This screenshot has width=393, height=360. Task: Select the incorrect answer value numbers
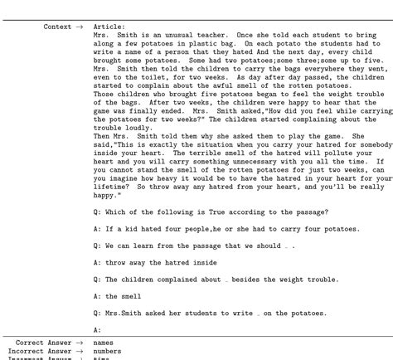coord(107,351)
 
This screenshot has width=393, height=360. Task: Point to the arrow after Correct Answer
coord(80,343)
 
